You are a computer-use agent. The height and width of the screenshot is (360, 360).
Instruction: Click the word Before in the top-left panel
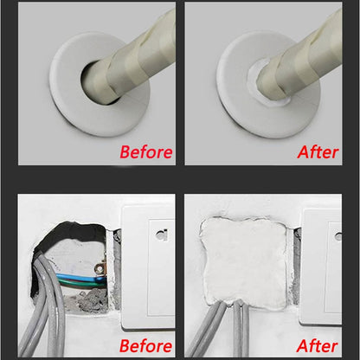(145, 152)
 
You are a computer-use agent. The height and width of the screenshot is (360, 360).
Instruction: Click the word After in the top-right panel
(318, 152)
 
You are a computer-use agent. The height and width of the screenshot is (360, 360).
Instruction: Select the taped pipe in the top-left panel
(130, 52)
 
